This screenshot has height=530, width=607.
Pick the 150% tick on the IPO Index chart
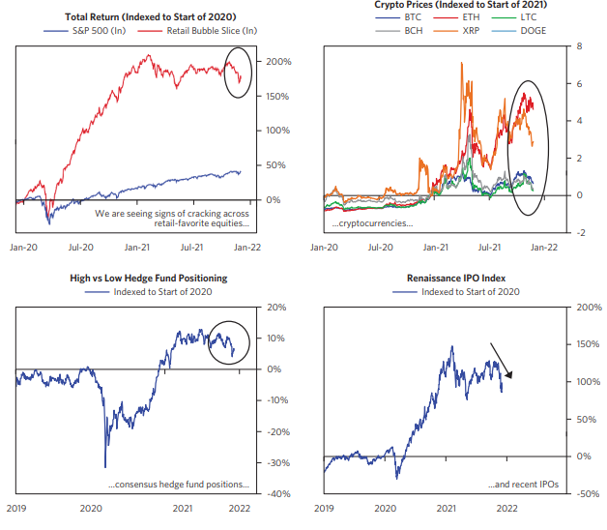tap(588, 344)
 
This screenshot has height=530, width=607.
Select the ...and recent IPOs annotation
tap(522, 485)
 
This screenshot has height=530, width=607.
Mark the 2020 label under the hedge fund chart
tap(91, 508)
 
